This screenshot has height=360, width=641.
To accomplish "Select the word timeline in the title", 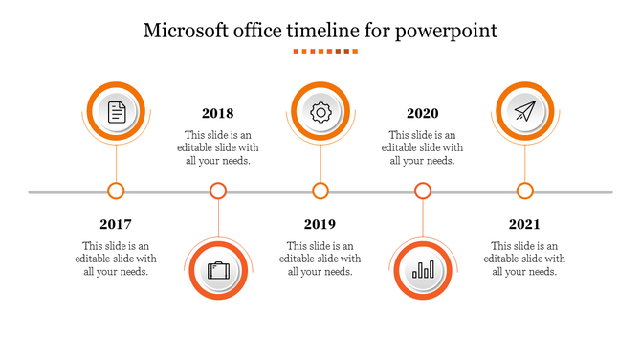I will [x=321, y=30].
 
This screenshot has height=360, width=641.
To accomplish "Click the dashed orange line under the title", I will [x=320, y=51].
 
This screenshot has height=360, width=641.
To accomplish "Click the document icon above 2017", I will [x=116, y=112].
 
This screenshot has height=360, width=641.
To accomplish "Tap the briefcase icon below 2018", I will [x=218, y=271].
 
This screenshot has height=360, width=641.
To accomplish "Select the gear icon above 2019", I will [x=320, y=112].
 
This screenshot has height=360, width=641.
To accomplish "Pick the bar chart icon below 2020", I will [x=423, y=271].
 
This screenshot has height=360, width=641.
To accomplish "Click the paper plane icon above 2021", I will [x=524, y=112].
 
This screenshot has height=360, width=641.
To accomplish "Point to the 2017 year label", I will [x=116, y=224].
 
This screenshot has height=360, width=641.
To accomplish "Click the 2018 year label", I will [x=218, y=113].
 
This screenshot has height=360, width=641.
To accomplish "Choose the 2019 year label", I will [x=320, y=224].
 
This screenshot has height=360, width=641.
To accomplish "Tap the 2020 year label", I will [x=423, y=113].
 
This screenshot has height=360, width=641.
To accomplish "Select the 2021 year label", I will [x=524, y=224].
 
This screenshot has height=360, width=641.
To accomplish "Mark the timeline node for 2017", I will [x=116, y=191].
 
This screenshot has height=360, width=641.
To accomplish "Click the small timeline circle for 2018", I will [x=218, y=191].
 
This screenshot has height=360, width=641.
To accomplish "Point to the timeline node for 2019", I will [x=320, y=191].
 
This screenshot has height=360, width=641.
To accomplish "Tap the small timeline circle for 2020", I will [x=423, y=191].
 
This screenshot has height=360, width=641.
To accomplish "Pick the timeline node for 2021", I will [x=524, y=191].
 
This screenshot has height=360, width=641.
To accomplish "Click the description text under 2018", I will [x=218, y=147].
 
